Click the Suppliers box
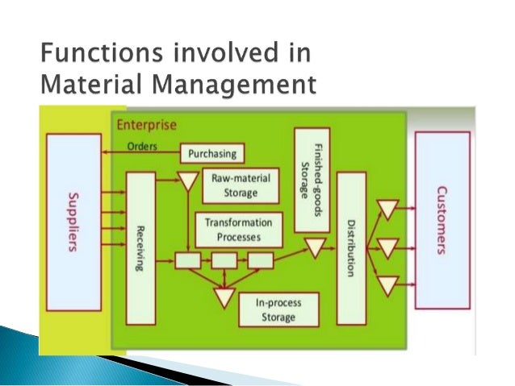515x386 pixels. [x=73, y=222]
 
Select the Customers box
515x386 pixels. [x=442, y=219]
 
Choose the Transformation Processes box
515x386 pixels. [x=239, y=230]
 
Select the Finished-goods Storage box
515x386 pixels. [x=312, y=177]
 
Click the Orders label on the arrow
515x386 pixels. [x=142, y=147]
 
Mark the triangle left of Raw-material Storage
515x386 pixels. [x=186, y=181]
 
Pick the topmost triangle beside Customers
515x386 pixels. [x=388, y=210]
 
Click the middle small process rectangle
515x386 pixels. [x=224, y=260]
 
